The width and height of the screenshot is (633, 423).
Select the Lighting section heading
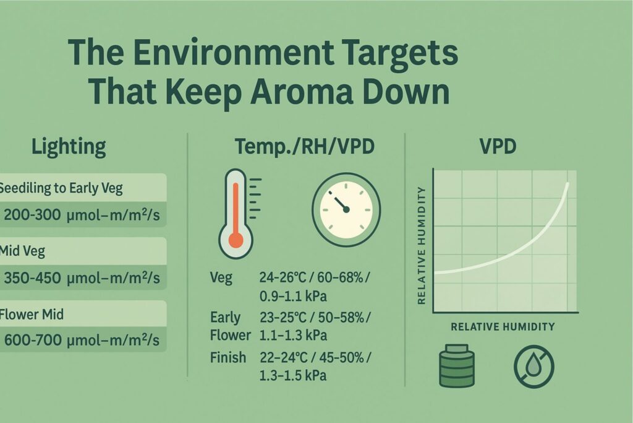(69, 147)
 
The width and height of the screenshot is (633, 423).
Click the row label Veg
(221, 277)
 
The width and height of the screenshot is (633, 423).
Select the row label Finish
(228, 357)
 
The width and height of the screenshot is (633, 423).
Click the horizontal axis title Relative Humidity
(503, 326)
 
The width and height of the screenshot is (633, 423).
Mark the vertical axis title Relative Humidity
(423, 245)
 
